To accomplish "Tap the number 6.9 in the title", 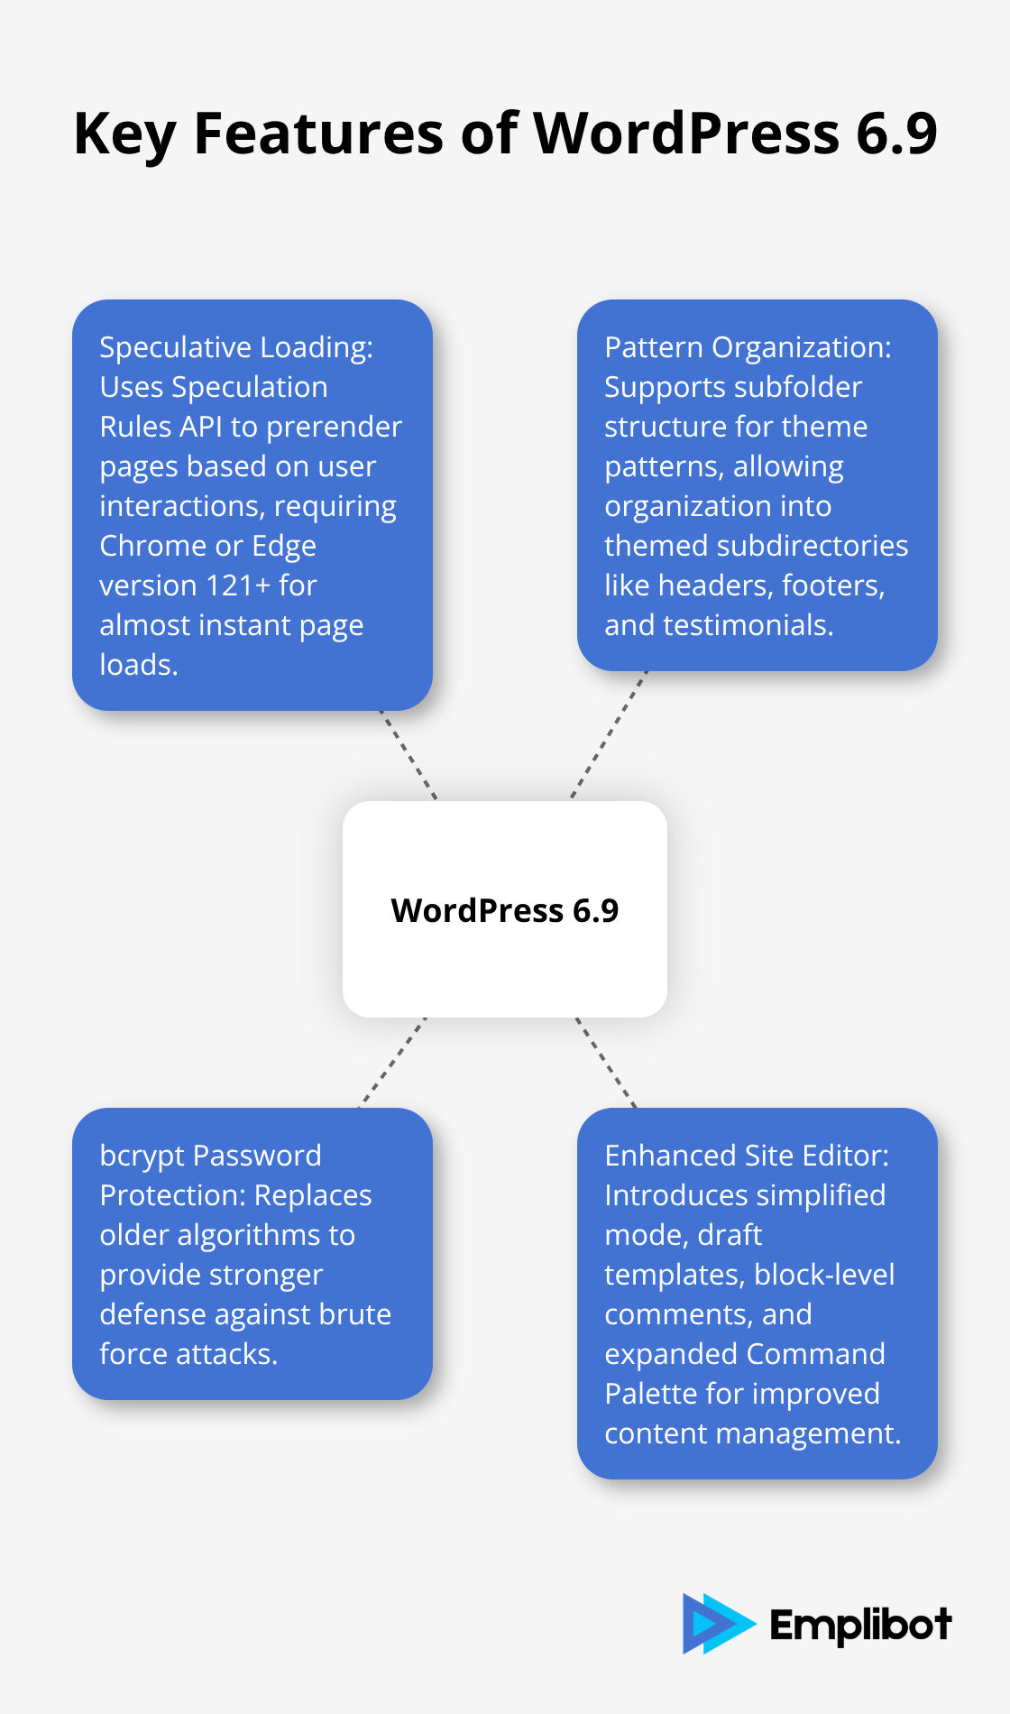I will (896, 134).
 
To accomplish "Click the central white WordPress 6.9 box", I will (505, 909).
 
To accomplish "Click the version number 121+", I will (238, 585).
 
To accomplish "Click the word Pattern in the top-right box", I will (654, 347).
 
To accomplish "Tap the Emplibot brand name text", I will (860, 1625).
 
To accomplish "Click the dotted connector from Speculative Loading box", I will (409, 756).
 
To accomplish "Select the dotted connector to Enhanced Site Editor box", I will (606, 1063).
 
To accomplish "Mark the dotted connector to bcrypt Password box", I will (393, 1062).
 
